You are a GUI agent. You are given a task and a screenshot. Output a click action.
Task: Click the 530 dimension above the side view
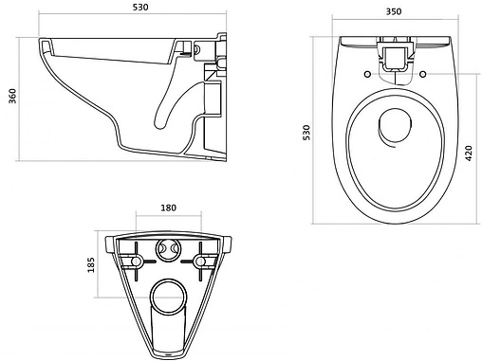[140, 8]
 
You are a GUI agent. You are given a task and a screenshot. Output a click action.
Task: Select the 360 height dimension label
[12, 96]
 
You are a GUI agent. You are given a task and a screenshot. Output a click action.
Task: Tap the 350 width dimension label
[394, 11]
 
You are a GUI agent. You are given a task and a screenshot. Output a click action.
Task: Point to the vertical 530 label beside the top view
[306, 133]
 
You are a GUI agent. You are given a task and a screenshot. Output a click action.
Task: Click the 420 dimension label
[469, 153]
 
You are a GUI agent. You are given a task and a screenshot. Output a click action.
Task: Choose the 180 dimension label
[169, 208]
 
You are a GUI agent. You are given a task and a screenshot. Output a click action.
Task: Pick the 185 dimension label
[91, 265]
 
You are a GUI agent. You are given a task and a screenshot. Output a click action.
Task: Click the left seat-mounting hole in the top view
[367, 74]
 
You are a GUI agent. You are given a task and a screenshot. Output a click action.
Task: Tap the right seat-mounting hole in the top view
[422, 74]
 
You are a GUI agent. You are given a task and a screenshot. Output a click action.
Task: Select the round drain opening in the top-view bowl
[395, 125]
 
